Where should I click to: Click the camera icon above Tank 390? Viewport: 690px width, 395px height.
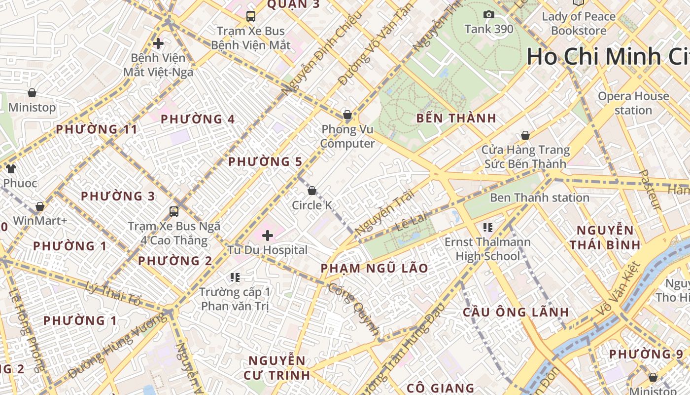coord(488,15)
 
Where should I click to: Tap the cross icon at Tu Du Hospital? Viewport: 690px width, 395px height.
coord(268,236)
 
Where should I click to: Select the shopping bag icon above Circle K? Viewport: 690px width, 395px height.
coord(311,191)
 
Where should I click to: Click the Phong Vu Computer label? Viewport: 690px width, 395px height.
coord(348,137)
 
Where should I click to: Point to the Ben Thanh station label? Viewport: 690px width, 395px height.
coord(539,198)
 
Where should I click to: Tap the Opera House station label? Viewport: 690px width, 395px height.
coord(633,103)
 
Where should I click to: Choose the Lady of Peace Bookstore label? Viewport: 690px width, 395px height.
coord(579,24)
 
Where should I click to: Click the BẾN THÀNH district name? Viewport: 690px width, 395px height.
coord(456,118)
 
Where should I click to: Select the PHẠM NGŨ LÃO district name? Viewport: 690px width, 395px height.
coord(375,269)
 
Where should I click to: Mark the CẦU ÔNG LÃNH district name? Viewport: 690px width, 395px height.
coord(516,313)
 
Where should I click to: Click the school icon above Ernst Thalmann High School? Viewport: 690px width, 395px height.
coord(488,228)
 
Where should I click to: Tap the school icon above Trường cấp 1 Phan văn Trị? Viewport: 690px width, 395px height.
coord(235,277)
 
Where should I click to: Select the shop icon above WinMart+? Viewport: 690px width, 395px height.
coord(40,206)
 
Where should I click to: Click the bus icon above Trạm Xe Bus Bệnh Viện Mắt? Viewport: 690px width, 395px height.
coord(251,16)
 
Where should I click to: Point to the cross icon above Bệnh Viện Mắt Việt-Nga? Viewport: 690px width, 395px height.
coord(158,43)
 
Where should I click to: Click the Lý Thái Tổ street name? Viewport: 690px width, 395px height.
coord(113,293)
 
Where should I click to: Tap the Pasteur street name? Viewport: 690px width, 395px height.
coord(650,190)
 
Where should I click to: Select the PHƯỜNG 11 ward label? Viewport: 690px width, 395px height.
coord(97,130)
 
